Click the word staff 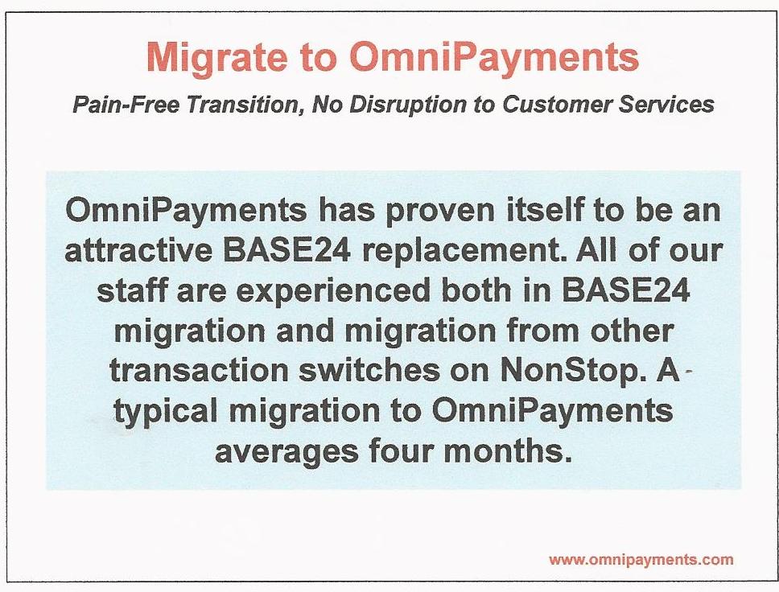point(131,290)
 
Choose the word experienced point(332,291)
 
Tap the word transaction point(199,371)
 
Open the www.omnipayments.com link point(641,560)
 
